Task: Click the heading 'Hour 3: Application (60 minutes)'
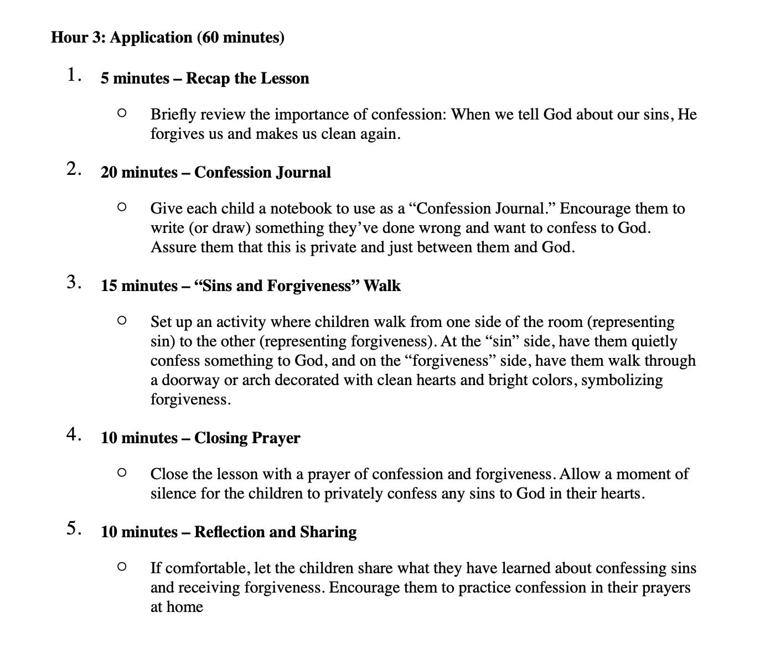click(167, 38)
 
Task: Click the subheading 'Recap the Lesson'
click(247, 79)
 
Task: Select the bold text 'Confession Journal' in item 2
click(262, 173)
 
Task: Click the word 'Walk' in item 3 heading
click(382, 286)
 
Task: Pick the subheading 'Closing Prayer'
click(247, 438)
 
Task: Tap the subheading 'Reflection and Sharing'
click(275, 532)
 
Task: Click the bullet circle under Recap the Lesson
click(122, 113)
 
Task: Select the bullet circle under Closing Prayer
click(122, 473)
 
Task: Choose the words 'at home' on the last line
click(177, 607)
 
